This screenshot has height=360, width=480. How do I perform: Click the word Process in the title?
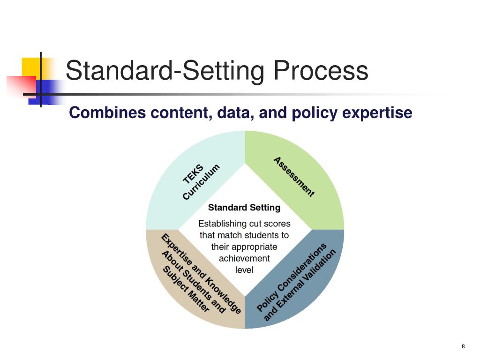tap(321, 71)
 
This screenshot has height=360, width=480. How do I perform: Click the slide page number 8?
tap(463, 346)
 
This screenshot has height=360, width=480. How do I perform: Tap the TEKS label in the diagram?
tap(193, 174)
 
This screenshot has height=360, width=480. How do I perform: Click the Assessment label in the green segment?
tap(294, 177)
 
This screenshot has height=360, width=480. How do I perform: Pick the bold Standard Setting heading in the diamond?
tap(244, 207)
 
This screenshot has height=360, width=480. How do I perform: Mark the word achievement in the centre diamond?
tap(244, 258)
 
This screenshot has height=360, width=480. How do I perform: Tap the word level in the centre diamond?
tap(244, 270)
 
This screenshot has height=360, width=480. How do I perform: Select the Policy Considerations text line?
tap(292, 277)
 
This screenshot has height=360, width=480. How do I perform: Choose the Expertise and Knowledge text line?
tap(202, 274)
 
